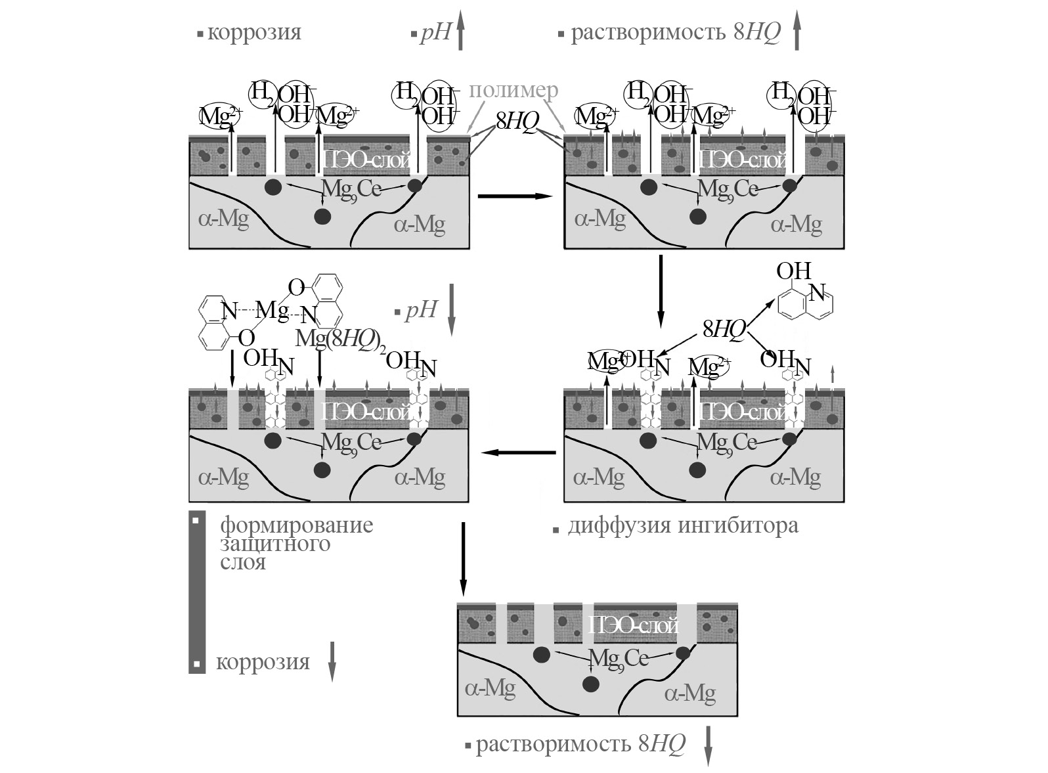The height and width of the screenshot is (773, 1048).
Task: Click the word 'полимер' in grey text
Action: pyautogui.click(x=513, y=91)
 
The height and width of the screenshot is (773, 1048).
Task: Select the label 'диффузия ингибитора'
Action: pyautogui.click(x=683, y=526)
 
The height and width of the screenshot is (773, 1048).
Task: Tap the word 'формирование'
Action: pyautogui.click(x=296, y=525)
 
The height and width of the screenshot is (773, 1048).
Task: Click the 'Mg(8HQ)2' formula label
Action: pyautogui.click(x=340, y=340)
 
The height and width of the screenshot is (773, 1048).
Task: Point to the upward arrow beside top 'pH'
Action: pyautogui.click(x=460, y=32)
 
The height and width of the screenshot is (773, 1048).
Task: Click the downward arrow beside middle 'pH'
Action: pyautogui.click(x=452, y=311)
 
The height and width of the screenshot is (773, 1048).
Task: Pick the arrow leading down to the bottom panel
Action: pyautogui.click(x=464, y=558)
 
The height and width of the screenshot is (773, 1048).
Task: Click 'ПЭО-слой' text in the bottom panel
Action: pyautogui.click(x=633, y=625)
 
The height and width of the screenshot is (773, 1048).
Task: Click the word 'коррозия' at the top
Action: pyautogui.click(x=254, y=32)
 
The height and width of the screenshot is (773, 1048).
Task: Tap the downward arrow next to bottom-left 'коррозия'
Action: pyautogui.click(x=332, y=661)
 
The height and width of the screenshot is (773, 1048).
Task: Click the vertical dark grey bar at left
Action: pyautogui.click(x=197, y=592)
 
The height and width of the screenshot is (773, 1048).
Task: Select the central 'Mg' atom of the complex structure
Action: pyautogui.click(x=273, y=309)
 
